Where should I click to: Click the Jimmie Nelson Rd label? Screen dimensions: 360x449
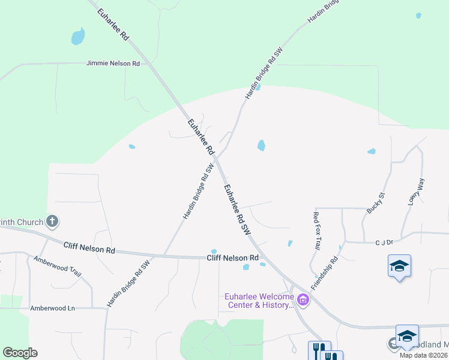tap(113, 63)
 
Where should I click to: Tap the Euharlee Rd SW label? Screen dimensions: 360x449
tap(237, 208)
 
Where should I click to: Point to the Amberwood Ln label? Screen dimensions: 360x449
tap(53, 308)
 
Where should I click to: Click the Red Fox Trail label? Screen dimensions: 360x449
tap(317, 230)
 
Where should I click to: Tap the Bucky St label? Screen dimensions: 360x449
tap(375, 203)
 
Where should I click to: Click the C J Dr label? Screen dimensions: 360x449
tap(384, 242)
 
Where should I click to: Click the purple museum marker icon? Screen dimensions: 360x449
tap(303, 300)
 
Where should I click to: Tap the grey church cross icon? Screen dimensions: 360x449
tap(52, 222)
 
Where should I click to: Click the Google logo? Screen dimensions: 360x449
tap(20, 353)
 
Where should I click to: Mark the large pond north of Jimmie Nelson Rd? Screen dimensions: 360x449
tap(78, 37)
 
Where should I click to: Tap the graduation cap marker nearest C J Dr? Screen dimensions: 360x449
tap(400, 266)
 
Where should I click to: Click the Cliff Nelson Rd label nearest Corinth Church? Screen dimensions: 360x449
tap(89, 247)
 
